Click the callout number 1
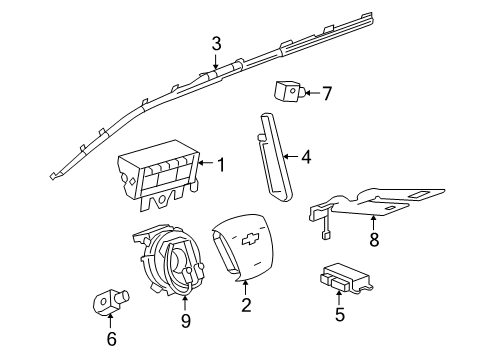pyautogui.click(x=221, y=162)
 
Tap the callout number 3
pyautogui.click(x=215, y=43)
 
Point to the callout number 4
pyautogui.click(x=307, y=156)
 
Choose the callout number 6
pyautogui.click(x=111, y=339)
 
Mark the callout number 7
pyautogui.click(x=326, y=94)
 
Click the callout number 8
pyautogui.click(x=374, y=239)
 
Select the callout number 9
pyautogui.click(x=185, y=322)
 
